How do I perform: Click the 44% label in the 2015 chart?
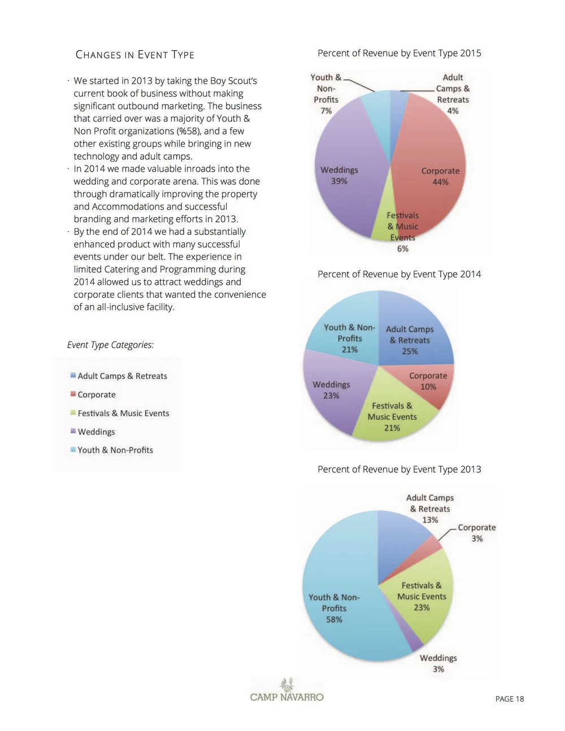440,182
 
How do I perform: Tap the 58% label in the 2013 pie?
334,620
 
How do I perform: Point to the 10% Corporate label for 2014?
428,387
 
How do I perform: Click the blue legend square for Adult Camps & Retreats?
73,376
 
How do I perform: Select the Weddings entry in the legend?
96,432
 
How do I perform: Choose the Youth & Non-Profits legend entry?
115,450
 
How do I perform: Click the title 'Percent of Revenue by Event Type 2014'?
399,274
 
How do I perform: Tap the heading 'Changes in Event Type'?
135,55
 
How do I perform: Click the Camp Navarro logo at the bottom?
287,690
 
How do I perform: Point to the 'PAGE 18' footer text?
509,699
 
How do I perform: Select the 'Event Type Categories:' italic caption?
110,345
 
